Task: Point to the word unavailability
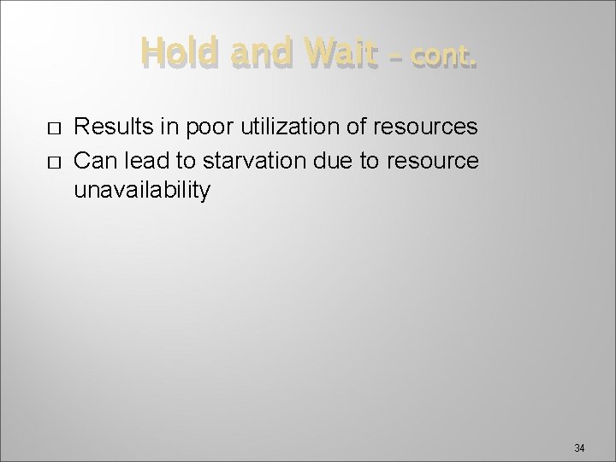pos(141,189)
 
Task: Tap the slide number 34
pos(579,447)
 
